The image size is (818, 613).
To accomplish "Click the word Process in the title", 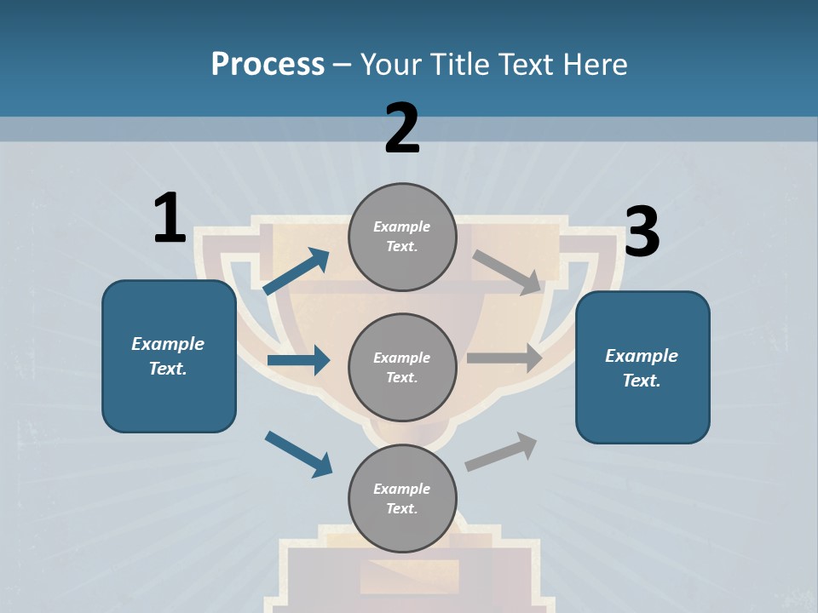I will tap(268, 64).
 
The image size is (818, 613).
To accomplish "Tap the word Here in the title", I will tap(595, 64).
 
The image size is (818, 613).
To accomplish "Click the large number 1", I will tap(170, 219).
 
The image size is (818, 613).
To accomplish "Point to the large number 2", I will tap(402, 129).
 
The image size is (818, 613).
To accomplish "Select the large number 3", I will tap(642, 232).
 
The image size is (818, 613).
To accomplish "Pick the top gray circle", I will tap(402, 237).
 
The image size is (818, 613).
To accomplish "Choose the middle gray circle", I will tap(402, 367).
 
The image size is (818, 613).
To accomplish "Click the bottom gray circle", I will tap(402, 498).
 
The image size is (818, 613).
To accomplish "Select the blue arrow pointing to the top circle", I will tap(296, 272).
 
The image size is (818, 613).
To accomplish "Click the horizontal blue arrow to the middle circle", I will tap(298, 360).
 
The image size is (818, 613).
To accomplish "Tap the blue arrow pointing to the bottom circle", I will tap(298, 454).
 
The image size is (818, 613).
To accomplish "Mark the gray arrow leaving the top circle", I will tap(508, 272).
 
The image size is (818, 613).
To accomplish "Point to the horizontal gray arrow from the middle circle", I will tap(504, 358).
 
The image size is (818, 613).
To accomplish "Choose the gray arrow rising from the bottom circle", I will tap(501, 451).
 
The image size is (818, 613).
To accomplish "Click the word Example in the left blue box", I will tap(168, 344).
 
